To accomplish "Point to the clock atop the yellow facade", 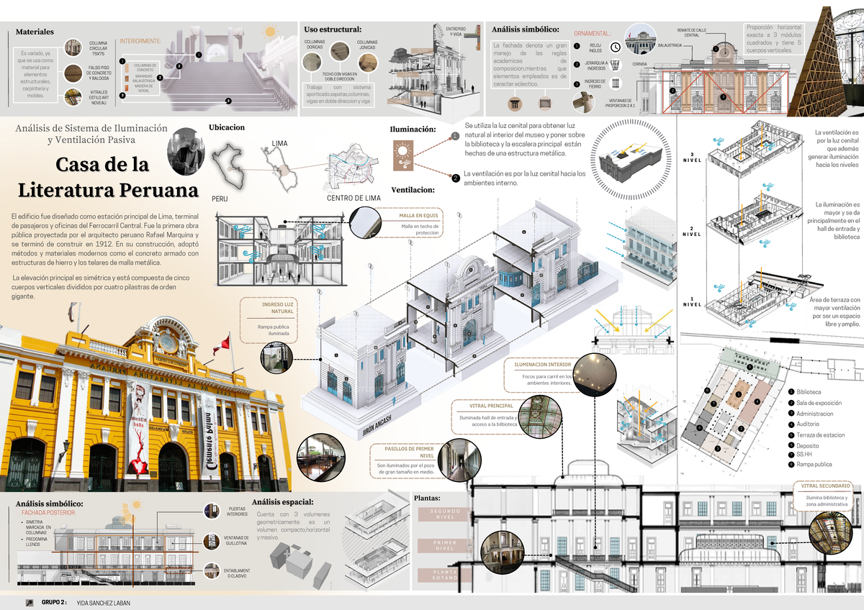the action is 166,342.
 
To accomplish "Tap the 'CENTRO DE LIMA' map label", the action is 354,198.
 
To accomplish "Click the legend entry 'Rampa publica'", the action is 814,465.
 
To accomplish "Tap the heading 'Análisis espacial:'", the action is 283,502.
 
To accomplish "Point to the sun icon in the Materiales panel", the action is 270,31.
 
